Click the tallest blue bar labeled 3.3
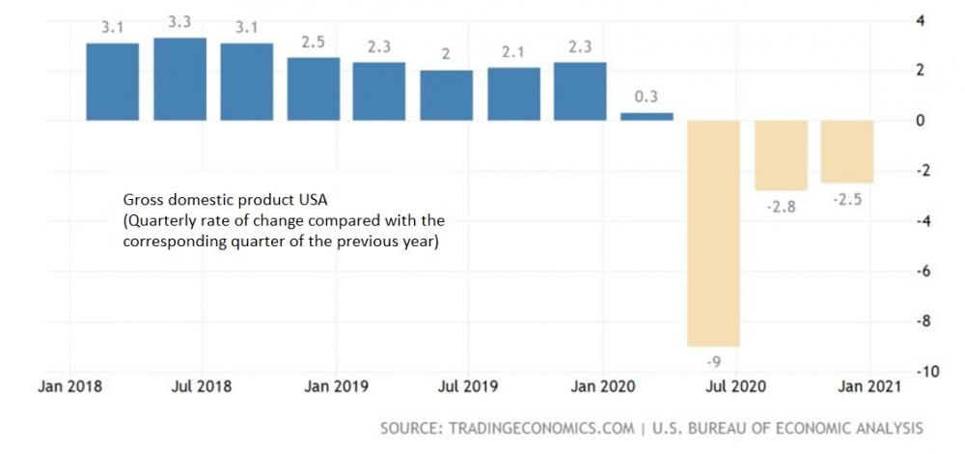pos(179,79)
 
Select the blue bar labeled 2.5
pos(314,89)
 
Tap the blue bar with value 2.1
pos(513,94)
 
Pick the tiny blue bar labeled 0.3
pos(647,116)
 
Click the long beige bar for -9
pos(713,233)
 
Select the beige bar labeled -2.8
pos(780,156)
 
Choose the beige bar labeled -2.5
pos(846,152)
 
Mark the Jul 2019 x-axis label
pos(468,386)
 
